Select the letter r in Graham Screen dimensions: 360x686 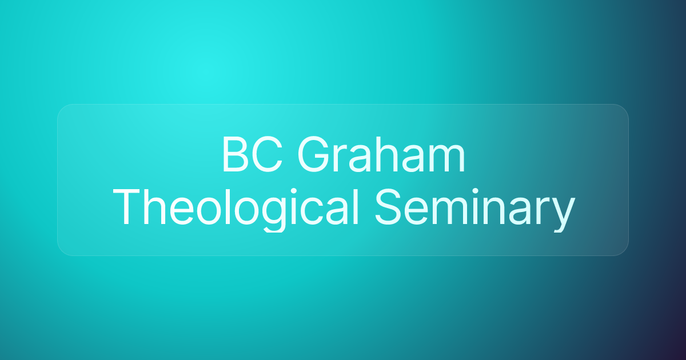(x=345, y=160)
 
